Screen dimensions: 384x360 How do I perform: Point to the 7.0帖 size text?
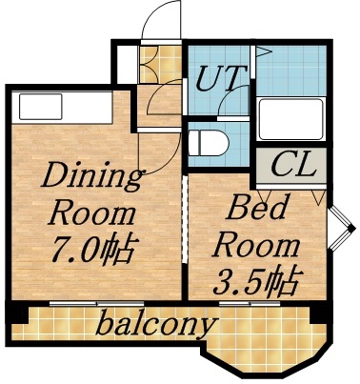point(92,250)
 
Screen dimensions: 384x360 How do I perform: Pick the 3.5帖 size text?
point(257,281)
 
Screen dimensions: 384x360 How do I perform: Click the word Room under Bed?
point(255,244)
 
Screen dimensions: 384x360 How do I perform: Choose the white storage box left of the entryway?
point(125,64)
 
